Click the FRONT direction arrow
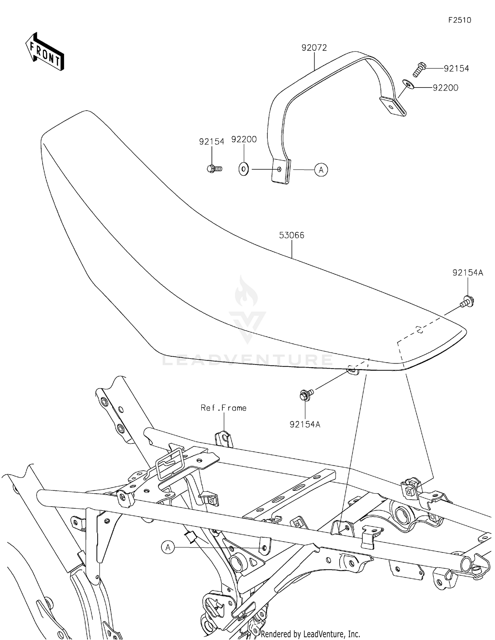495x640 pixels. click(45, 52)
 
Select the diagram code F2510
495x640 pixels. click(459, 20)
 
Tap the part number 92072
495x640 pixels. click(314, 48)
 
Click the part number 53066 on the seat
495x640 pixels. click(291, 235)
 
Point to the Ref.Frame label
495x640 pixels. click(223, 408)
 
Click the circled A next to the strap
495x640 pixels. click(321, 170)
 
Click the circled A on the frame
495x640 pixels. click(168, 548)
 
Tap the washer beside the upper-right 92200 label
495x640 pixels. click(408, 85)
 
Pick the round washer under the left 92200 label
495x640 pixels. click(244, 169)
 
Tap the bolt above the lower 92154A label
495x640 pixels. click(305, 395)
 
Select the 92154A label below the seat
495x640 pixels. click(305, 424)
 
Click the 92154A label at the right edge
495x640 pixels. click(467, 273)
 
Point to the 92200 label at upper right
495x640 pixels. click(445, 88)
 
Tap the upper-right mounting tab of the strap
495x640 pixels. click(393, 106)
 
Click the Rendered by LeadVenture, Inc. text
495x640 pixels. click(310, 634)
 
